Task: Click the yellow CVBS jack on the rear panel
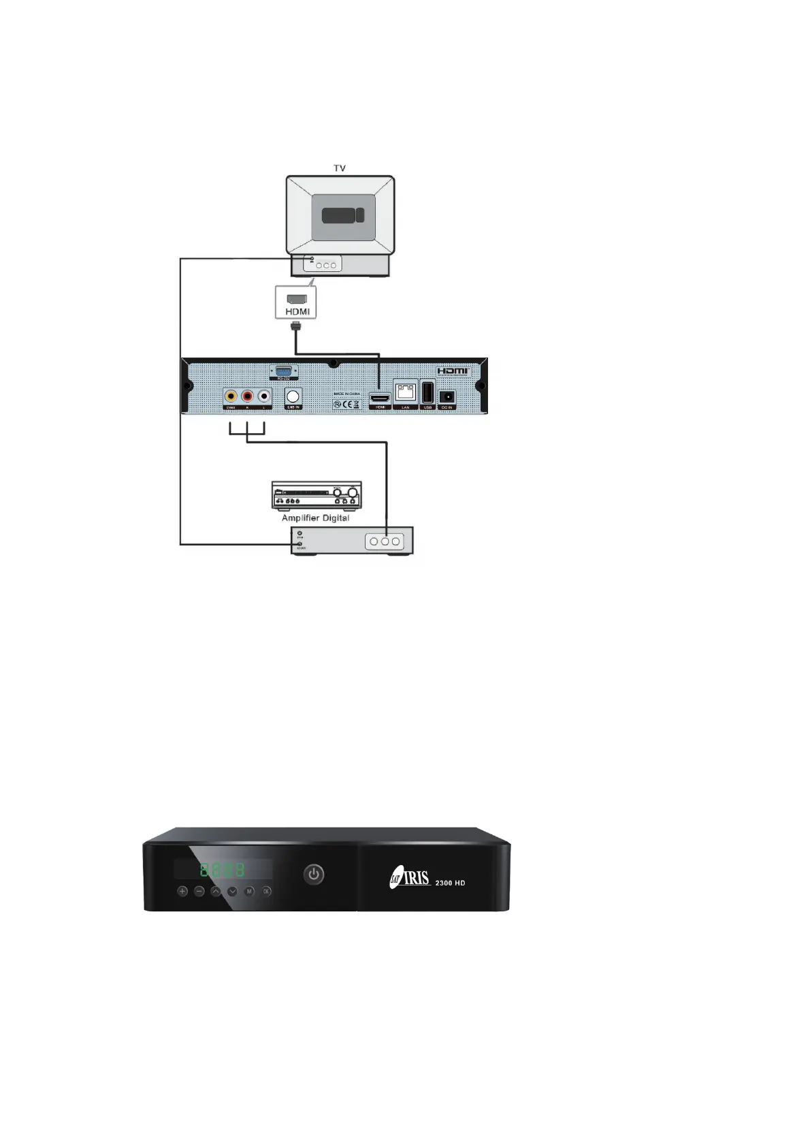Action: click(231, 396)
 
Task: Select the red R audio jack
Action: click(248, 396)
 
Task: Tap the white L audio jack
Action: click(264, 396)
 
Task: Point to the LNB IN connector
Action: click(293, 396)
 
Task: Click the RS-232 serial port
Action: click(281, 371)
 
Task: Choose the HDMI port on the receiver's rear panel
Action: click(380, 396)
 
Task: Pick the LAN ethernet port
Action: click(406, 392)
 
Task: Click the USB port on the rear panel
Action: click(427, 393)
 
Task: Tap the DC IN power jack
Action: click(447, 396)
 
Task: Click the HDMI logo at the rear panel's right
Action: click(453, 371)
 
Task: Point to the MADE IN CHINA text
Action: click(347, 394)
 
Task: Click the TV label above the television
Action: click(340, 168)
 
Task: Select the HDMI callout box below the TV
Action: click(297, 302)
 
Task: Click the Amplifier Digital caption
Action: click(315, 518)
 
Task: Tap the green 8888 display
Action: click(222, 870)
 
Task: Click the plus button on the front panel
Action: click(182, 891)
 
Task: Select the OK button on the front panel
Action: click(267, 891)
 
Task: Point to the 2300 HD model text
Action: click(451, 883)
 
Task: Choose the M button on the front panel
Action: click(250, 891)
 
